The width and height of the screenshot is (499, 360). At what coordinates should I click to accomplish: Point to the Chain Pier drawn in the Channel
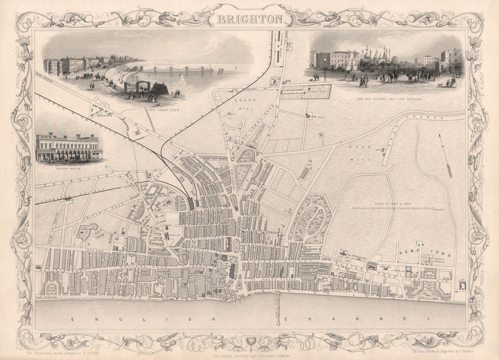(279, 312)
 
